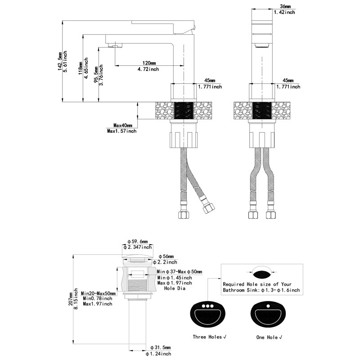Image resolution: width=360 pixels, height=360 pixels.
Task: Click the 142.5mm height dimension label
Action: (60, 61)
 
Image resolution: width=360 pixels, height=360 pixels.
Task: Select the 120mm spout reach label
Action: (149, 63)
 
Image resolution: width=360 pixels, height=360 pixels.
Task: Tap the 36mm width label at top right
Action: (285, 6)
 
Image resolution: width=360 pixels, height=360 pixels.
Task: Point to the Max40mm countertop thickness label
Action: (123, 126)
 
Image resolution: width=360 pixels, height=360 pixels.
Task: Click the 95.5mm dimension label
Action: (96, 74)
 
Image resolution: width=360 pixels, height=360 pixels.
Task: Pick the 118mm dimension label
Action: (81, 68)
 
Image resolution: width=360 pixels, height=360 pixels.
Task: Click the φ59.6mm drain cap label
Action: (138, 242)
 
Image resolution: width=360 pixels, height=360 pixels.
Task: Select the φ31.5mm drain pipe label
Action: (161, 347)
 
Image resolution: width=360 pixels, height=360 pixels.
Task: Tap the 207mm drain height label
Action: (71, 299)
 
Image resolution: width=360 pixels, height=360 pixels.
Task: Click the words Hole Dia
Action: (175, 288)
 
